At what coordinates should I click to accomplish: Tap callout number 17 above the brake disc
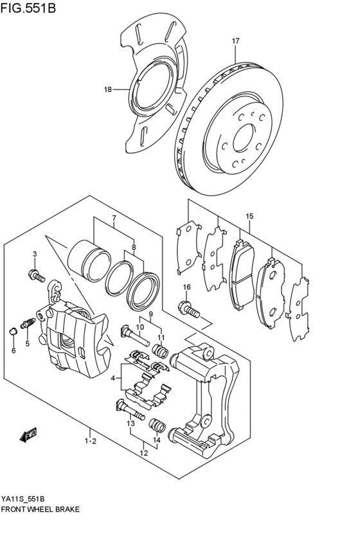click(x=236, y=41)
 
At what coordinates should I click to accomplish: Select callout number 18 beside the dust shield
click(x=108, y=90)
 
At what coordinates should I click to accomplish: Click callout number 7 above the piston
click(x=114, y=218)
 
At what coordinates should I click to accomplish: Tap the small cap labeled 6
click(x=13, y=332)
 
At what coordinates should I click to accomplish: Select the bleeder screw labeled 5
click(x=28, y=323)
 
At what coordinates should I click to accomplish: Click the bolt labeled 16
click(x=190, y=310)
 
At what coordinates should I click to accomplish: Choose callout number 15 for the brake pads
click(x=249, y=216)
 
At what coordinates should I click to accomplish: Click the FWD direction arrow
click(x=29, y=436)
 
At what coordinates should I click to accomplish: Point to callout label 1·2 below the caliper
click(x=90, y=441)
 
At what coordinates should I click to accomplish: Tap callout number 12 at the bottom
click(x=144, y=453)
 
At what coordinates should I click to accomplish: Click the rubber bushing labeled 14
click(x=156, y=426)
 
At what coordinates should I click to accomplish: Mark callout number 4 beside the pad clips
click(x=113, y=378)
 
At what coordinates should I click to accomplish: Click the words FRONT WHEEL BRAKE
click(x=41, y=508)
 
